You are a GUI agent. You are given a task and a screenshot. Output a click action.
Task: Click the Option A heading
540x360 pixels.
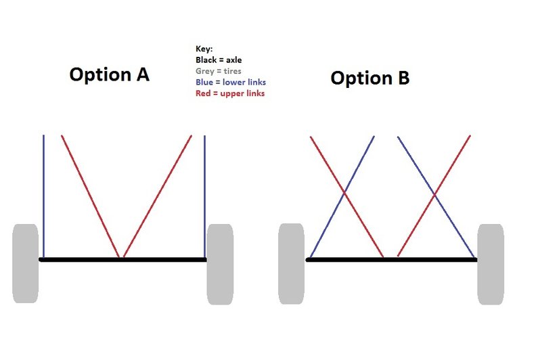point(110,74)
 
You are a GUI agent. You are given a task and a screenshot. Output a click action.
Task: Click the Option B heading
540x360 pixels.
point(370,78)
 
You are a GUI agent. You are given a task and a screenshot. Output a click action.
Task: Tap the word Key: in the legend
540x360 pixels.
point(204,49)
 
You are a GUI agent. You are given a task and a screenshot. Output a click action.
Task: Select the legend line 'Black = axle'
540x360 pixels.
point(219,60)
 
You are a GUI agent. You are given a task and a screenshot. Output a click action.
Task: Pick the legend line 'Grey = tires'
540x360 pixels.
point(219,71)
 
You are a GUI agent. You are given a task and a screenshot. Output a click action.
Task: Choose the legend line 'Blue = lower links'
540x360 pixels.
point(231,82)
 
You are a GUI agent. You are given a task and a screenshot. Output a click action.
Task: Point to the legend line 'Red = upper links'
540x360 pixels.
point(230,93)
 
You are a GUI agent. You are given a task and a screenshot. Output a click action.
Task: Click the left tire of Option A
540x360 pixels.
point(25,263)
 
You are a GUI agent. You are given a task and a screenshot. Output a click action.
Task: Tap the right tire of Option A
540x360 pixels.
point(220,264)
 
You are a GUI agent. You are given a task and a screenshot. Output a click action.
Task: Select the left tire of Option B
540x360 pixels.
point(292,264)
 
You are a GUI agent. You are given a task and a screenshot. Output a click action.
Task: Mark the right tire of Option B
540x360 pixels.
point(491,264)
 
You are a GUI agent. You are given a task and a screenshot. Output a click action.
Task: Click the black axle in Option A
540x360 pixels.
point(122,259)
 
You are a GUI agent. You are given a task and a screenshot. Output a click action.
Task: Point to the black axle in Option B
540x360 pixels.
point(391,259)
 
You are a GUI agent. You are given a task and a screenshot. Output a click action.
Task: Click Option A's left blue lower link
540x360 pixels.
point(44,196)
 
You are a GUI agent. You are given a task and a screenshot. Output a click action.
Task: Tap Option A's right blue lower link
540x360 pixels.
point(204,196)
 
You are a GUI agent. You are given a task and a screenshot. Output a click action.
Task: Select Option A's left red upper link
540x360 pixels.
point(90,196)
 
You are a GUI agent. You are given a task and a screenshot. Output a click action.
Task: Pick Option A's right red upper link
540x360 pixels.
point(158,196)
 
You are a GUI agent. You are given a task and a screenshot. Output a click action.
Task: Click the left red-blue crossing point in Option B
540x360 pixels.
point(344,193)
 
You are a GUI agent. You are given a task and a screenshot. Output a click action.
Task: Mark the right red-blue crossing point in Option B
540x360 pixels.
point(434,195)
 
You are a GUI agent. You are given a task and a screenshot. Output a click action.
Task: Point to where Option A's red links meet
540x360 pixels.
point(121,257)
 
